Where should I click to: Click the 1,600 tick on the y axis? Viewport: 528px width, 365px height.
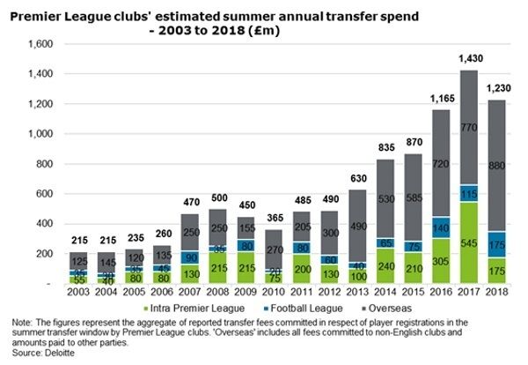click(x=42, y=44)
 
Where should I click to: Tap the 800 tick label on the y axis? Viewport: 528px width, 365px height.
click(x=46, y=164)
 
